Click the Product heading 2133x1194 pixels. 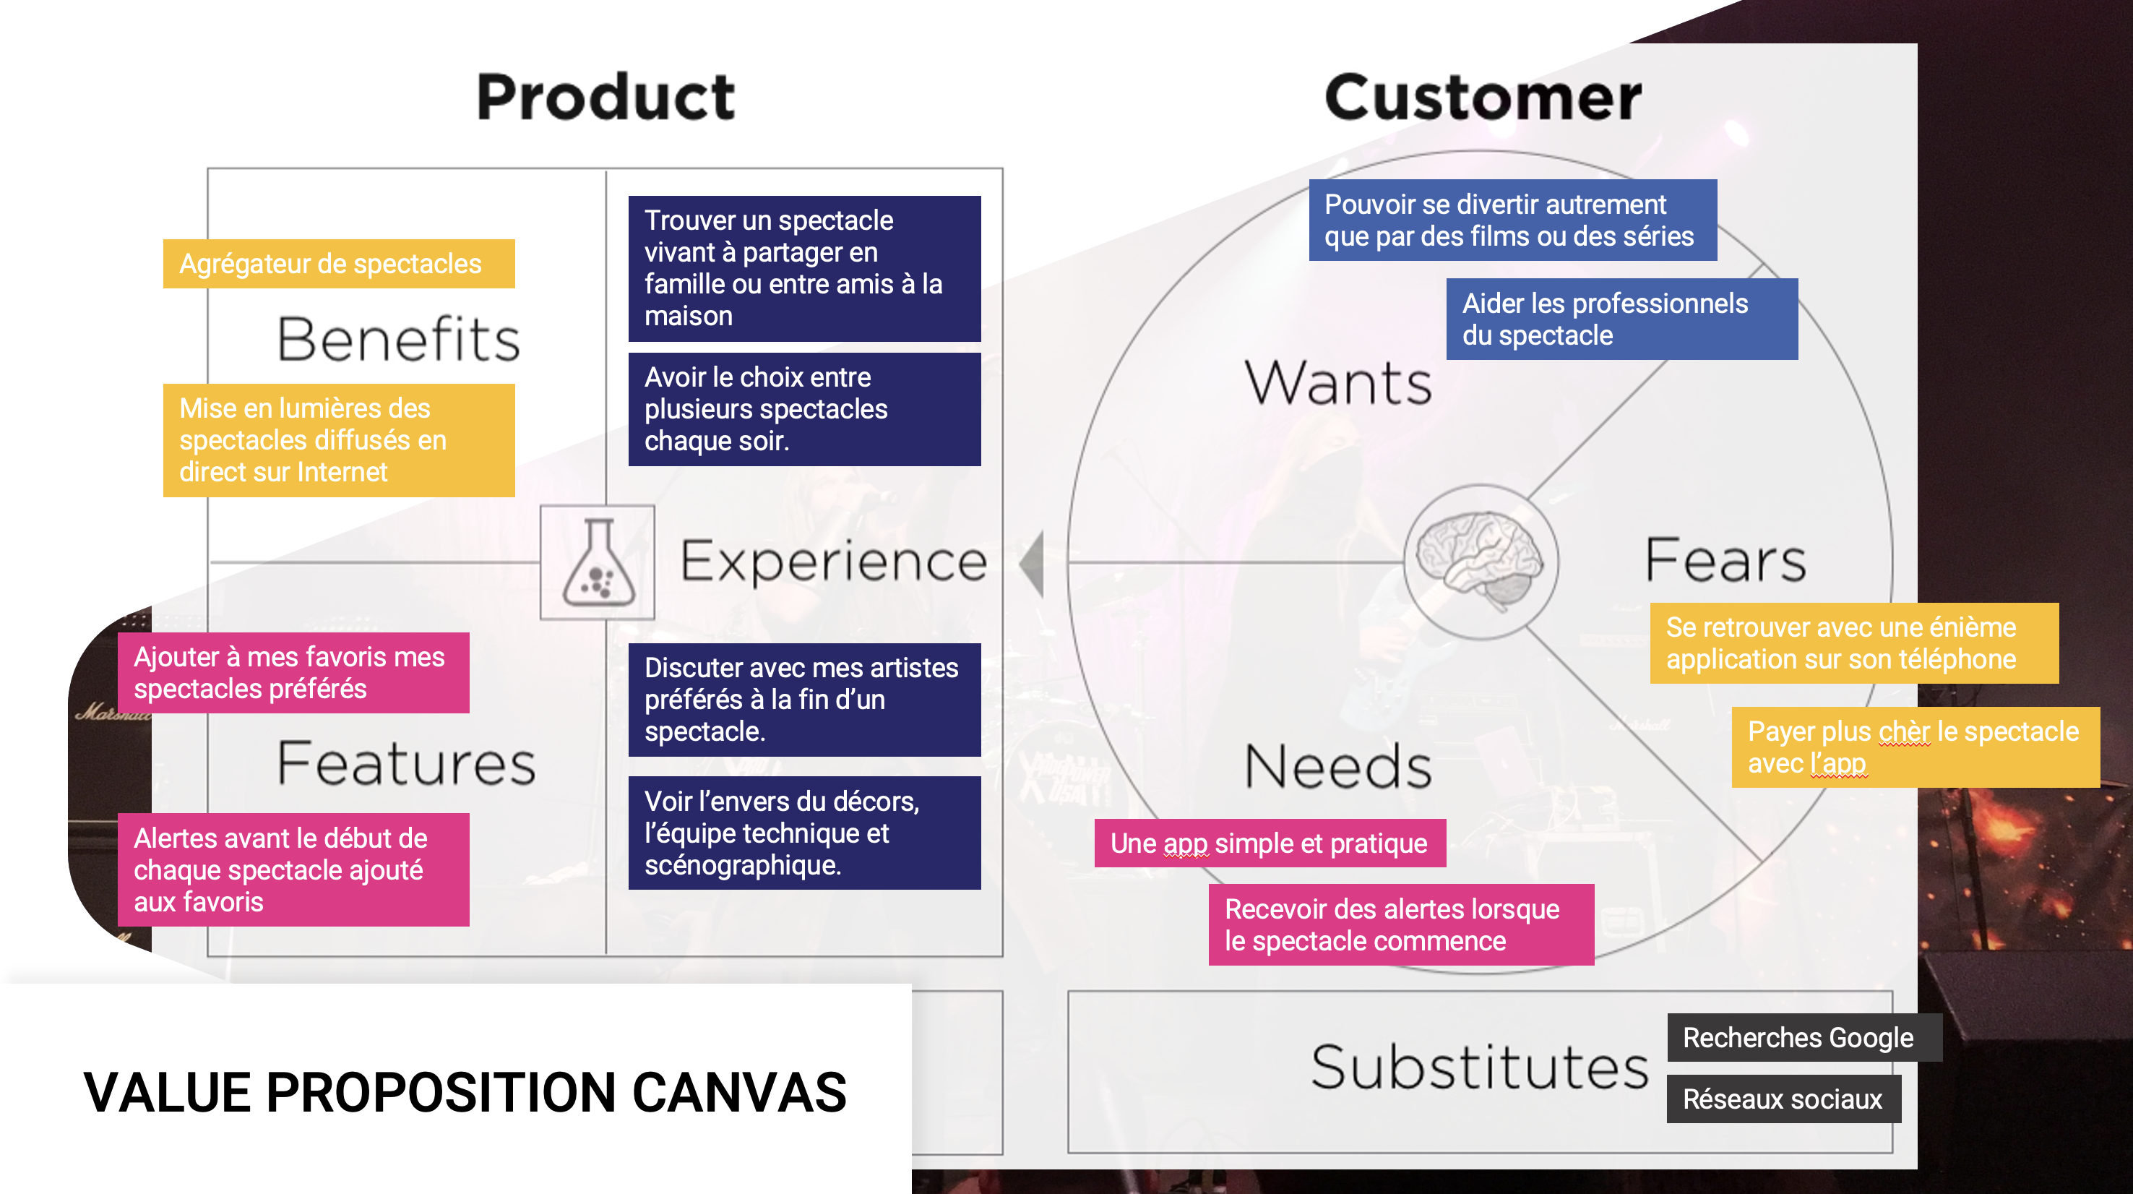point(606,98)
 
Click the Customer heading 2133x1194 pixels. point(1482,98)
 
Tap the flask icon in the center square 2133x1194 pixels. point(598,562)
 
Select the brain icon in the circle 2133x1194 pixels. point(1480,559)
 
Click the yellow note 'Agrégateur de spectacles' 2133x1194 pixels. point(339,263)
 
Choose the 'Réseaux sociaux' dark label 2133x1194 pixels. point(1783,1099)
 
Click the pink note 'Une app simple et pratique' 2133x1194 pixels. point(1270,843)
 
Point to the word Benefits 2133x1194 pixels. point(398,340)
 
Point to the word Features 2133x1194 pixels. point(406,763)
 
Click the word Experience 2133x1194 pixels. point(833,562)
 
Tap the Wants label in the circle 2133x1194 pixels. point(1338,383)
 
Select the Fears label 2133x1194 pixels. point(1725,561)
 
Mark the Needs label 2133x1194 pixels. point(1338,767)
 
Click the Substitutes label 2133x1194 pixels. point(1480,1068)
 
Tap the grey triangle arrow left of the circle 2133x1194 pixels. point(1033,563)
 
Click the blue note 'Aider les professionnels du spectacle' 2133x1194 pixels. point(1621,319)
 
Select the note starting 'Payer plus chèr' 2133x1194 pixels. point(1914,747)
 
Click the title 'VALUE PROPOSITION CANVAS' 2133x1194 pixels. point(465,1092)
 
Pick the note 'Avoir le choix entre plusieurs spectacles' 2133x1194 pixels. point(804,409)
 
